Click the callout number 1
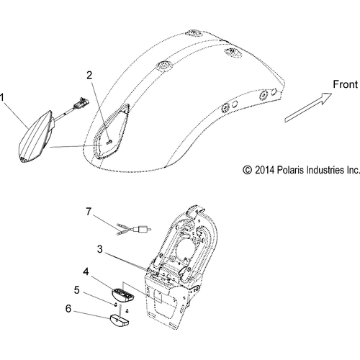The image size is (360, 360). (2, 98)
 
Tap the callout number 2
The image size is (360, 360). (89, 76)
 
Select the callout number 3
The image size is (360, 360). (100, 249)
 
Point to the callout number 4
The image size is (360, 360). (86, 271)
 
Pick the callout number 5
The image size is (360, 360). (76, 290)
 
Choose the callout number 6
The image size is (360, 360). (68, 309)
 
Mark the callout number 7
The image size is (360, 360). (89, 212)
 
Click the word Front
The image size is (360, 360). (345, 84)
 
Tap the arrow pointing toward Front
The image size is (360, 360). (308, 107)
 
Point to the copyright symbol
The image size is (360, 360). (247, 170)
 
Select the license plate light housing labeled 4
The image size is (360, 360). (123, 294)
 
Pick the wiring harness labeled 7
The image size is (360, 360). (134, 229)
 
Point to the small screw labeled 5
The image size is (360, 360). (115, 305)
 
